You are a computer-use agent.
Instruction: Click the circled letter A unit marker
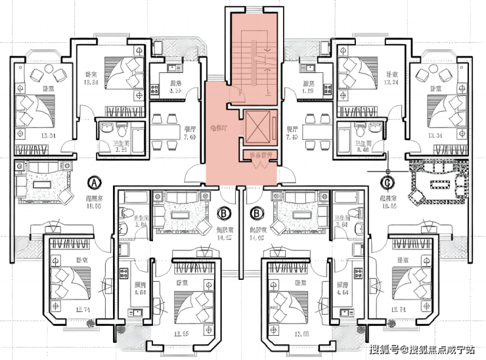point(95,181)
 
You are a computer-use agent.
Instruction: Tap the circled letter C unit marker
point(388,181)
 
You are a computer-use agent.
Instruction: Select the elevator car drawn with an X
point(256,127)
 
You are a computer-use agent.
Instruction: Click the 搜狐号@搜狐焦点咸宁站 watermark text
point(422,349)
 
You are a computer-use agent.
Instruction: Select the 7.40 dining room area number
point(294,137)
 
